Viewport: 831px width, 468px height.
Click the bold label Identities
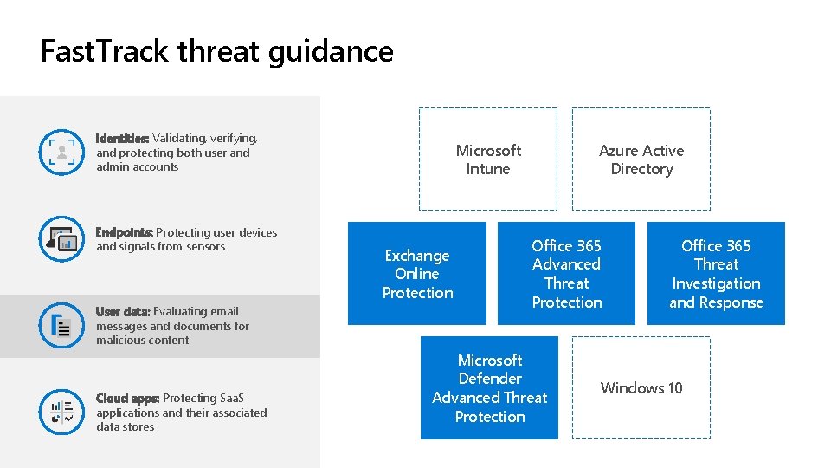122,139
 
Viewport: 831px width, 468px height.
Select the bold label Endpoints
124,232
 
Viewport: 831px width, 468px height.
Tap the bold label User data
123,311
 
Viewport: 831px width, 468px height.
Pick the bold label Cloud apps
127,399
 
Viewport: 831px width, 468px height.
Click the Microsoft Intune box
488,159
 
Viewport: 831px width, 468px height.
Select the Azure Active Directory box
641,159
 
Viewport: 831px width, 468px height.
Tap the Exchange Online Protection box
417,274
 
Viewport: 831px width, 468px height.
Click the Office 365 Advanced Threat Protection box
567,274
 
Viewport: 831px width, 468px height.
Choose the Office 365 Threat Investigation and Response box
716,274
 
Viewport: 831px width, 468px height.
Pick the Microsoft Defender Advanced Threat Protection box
490,388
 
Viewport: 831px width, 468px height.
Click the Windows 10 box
641,388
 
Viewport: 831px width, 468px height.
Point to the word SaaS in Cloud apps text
231,399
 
